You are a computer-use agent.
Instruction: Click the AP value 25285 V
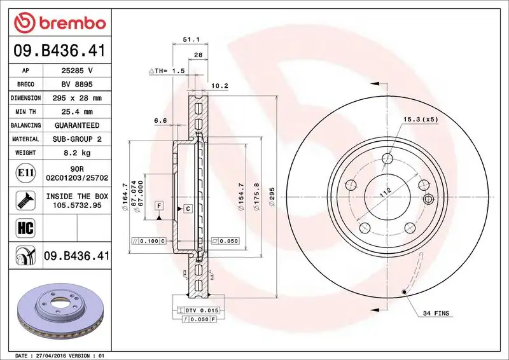[x=77, y=71]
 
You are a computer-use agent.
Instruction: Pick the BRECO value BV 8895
[x=77, y=85]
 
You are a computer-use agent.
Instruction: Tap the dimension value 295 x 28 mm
[x=77, y=99]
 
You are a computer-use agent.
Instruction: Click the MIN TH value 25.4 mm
[x=77, y=112]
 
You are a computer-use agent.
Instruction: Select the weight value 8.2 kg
[x=77, y=153]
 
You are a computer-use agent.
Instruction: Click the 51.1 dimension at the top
[x=188, y=39]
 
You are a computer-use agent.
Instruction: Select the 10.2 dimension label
[x=219, y=85]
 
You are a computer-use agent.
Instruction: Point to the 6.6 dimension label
[x=160, y=120]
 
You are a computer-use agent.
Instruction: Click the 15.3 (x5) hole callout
[x=421, y=120]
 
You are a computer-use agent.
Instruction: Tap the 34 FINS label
[x=436, y=314]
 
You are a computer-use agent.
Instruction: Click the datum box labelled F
[x=158, y=205]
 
